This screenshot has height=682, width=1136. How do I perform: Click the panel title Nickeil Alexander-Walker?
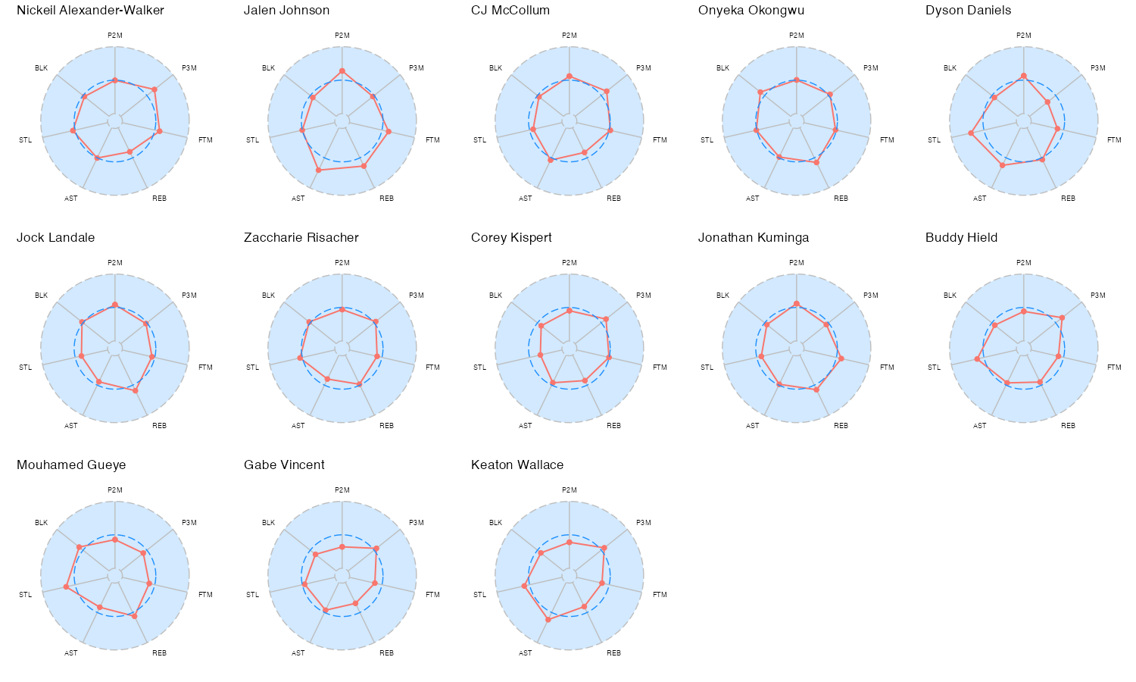[90, 11]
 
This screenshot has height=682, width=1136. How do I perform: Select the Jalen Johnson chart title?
[286, 11]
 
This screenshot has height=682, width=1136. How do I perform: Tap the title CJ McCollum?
[510, 11]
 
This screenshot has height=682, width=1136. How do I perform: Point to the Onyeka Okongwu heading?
[751, 11]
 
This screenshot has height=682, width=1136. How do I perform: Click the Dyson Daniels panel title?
[968, 11]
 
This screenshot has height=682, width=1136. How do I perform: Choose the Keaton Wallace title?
[517, 465]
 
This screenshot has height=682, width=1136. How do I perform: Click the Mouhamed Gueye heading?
[71, 465]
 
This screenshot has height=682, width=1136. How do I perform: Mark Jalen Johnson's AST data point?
[318, 170]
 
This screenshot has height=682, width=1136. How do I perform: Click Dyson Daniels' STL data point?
[972, 133]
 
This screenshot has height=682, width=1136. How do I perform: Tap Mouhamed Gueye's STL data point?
[67, 587]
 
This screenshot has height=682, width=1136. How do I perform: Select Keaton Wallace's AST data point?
[548, 619]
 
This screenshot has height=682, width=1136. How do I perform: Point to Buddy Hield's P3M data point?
[1062, 318]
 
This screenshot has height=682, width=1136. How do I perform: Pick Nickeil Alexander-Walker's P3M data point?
[154, 89]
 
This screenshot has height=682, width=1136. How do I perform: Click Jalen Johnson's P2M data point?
[342, 71]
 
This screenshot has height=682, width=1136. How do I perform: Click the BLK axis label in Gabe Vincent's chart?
[269, 523]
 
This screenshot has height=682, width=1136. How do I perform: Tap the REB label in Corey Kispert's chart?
[613, 426]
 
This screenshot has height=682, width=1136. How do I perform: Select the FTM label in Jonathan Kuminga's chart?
[887, 368]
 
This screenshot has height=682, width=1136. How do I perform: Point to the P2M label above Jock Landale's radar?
[115, 263]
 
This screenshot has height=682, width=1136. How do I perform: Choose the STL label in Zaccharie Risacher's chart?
[253, 368]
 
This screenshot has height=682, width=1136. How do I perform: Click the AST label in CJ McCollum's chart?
[526, 199]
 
